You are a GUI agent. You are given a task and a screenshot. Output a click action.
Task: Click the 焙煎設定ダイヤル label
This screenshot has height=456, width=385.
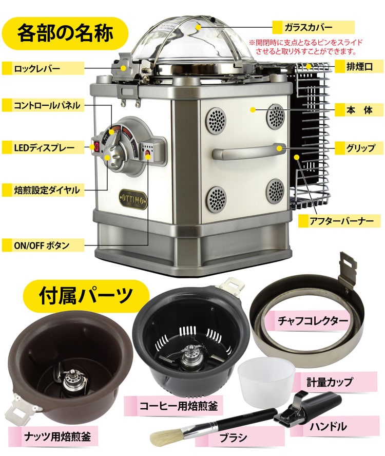(x=47, y=190)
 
